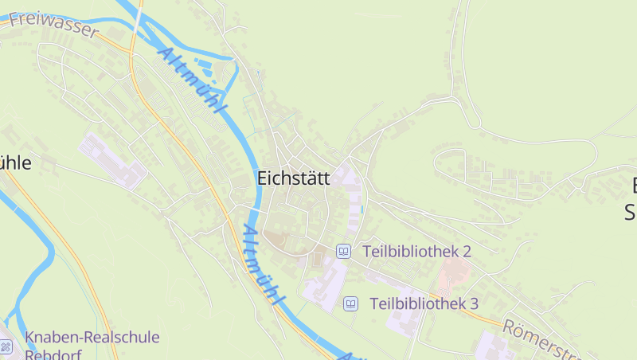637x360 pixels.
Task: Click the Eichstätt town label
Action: point(293,178)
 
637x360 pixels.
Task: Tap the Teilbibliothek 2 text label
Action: point(416,252)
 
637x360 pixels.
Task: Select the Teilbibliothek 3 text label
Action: point(424,303)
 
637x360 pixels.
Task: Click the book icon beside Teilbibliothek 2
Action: point(343,252)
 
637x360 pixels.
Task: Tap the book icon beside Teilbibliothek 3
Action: point(350,303)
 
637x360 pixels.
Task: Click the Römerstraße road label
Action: point(549,338)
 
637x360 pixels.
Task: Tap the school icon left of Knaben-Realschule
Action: point(6,346)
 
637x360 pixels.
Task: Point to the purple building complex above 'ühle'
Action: point(111,160)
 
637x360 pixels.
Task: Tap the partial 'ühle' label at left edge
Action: point(15,163)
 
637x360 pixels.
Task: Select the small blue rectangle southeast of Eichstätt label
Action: point(361,209)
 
